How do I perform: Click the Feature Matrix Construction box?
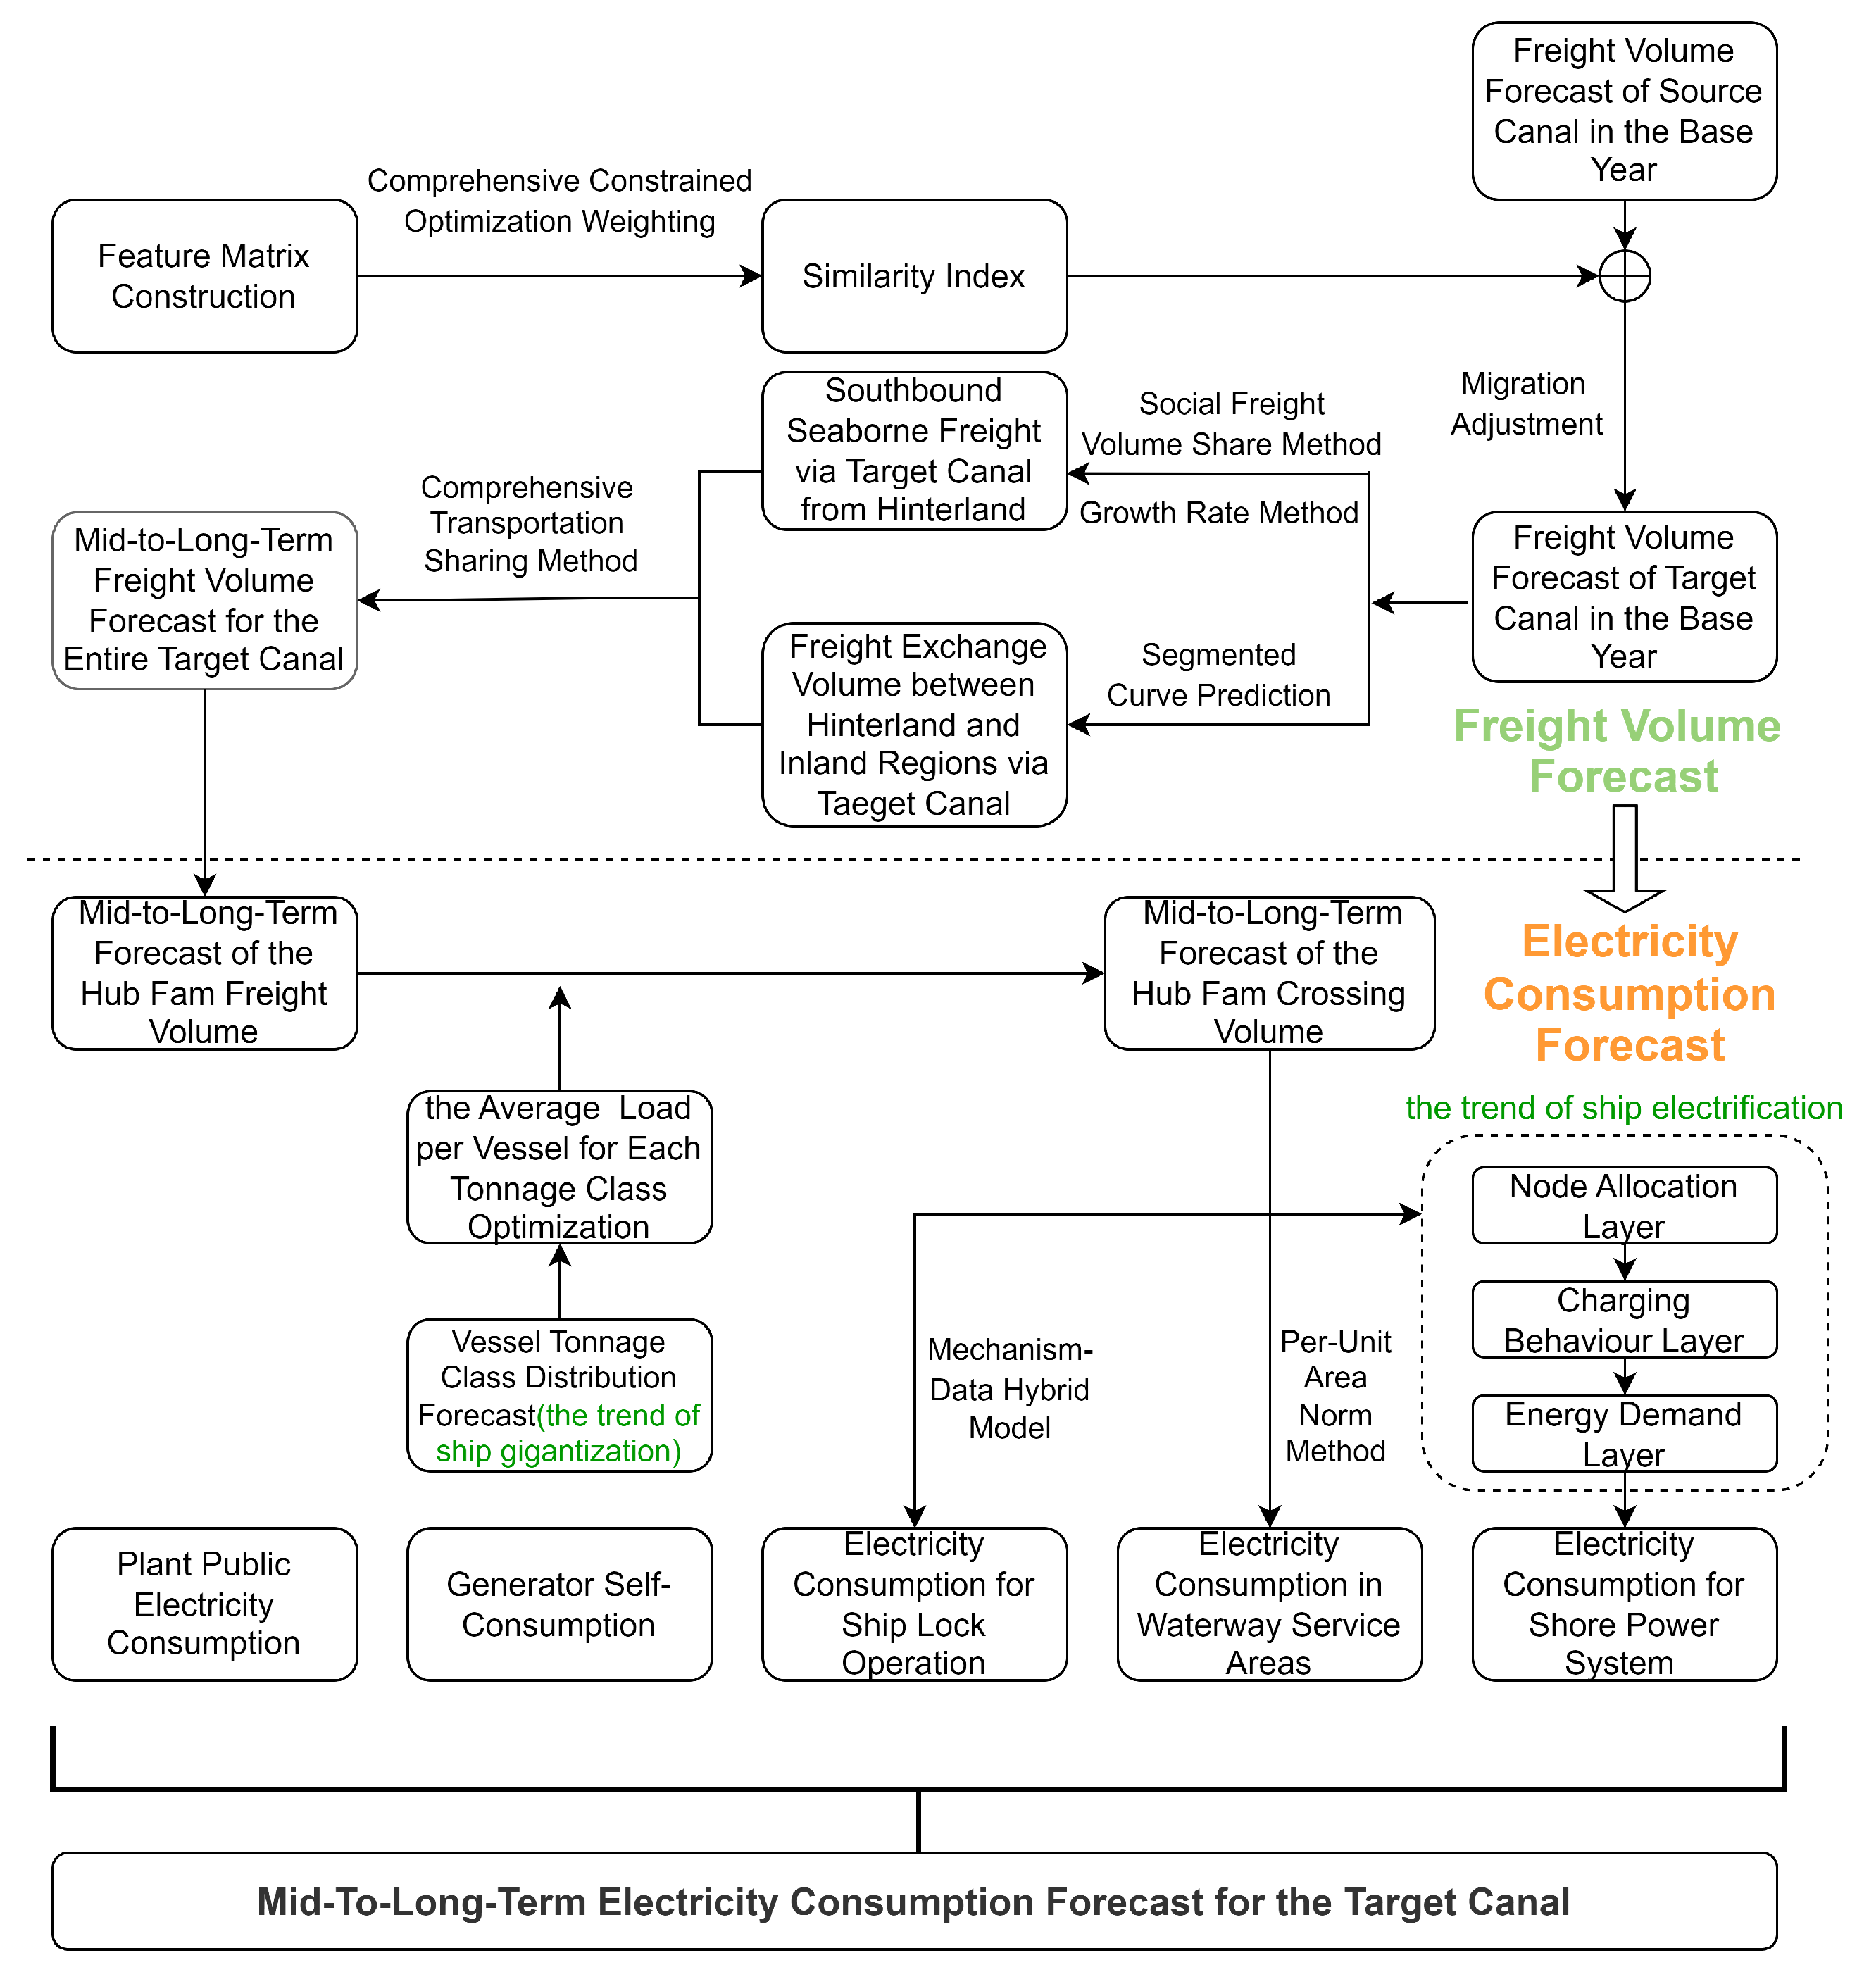(204, 276)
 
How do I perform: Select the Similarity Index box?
(913, 276)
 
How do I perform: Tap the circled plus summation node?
(1624, 276)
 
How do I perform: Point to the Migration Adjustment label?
(1526, 404)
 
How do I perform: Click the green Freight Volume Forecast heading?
(1617, 751)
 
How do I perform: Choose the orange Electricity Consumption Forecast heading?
(1629, 993)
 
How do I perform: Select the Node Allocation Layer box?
(1623, 1205)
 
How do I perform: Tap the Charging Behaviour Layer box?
(1623, 1319)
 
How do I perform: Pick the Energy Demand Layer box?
(1623, 1433)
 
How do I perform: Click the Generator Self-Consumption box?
(558, 1604)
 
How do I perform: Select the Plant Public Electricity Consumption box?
(204, 1604)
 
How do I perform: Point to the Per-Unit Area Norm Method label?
(1335, 1396)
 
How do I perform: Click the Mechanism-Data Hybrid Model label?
(1009, 1389)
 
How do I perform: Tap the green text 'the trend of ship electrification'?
(1623, 1108)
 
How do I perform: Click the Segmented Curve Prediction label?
(1218, 675)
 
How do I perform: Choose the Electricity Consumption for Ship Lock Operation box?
(913, 1604)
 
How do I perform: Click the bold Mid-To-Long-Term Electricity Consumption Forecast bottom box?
(913, 1902)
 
